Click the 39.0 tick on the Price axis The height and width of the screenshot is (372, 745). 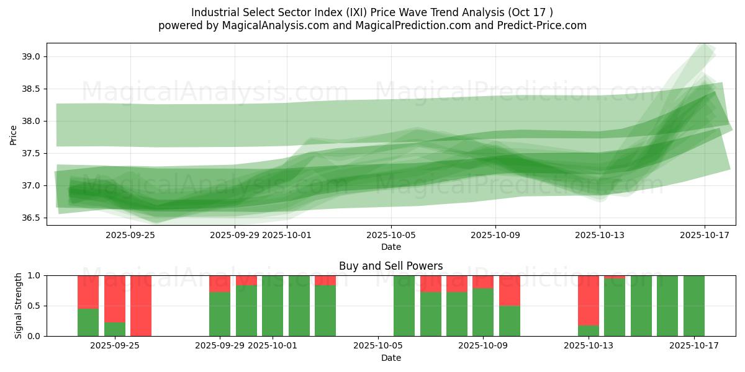[x=32, y=56]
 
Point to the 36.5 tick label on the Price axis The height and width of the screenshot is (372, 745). [x=32, y=218]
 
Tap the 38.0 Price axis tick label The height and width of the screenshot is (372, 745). [x=32, y=121]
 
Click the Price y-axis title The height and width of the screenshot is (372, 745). [x=14, y=135]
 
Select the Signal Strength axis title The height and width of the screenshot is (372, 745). [x=19, y=306]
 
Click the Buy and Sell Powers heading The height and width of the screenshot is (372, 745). [x=391, y=266]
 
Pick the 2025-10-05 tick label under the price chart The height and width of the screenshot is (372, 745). [x=391, y=235]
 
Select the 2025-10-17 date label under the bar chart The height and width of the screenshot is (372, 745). [x=694, y=345]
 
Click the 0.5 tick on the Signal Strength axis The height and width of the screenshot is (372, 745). [x=34, y=306]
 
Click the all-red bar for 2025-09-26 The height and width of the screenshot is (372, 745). [x=141, y=306]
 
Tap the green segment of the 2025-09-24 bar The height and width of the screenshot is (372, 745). [x=88, y=322]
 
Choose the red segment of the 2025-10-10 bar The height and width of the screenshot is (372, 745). [x=510, y=290]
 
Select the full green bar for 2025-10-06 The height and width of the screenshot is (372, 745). [x=404, y=306]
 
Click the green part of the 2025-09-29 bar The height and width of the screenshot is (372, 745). [x=220, y=314]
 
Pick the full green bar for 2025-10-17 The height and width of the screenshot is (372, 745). [x=694, y=306]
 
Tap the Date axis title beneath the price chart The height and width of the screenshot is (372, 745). [x=391, y=247]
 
